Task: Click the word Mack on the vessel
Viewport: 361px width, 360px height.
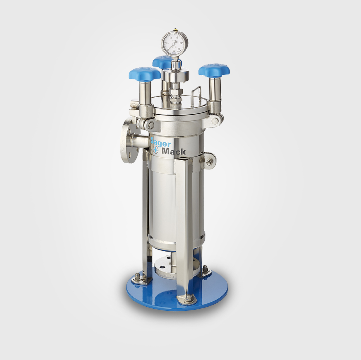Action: click(x=174, y=152)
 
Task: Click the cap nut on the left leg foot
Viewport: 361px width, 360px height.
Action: click(x=137, y=276)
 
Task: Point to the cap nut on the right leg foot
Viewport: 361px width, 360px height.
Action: click(x=205, y=268)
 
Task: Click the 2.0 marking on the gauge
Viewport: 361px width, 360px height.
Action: click(x=181, y=43)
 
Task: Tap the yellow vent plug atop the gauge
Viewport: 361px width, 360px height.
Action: click(x=175, y=29)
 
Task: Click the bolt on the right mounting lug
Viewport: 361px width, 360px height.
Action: click(x=210, y=163)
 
